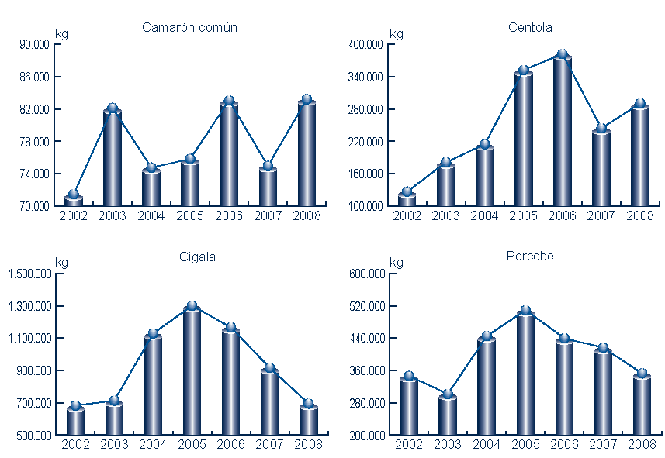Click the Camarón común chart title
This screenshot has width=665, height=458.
point(189,28)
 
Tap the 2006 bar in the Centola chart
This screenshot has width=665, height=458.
point(563,132)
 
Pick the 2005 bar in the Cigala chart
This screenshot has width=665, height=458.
point(192,371)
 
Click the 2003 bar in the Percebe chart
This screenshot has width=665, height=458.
point(448,415)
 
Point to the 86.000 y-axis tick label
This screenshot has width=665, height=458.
point(34,77)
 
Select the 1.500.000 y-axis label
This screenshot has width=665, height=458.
point(29,274)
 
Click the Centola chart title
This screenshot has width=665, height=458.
point(531,28)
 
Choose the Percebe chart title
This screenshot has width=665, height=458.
point(532,256)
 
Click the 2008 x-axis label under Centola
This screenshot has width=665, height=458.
point(640,215)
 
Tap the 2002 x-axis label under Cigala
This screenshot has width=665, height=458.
point(75,445)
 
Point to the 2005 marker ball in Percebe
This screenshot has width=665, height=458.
point(525,311)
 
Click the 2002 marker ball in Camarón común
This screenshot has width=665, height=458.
point(74,195)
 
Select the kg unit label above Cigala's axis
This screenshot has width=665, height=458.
point(61,263)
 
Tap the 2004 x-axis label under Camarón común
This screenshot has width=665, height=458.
point(151,215)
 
